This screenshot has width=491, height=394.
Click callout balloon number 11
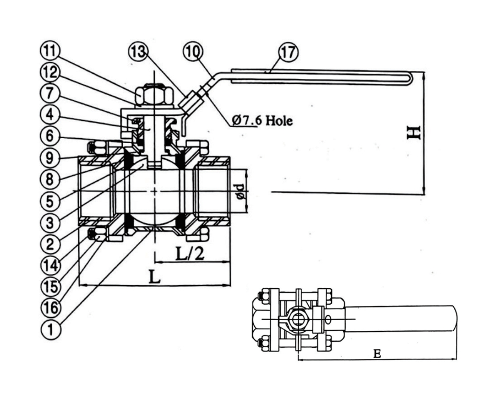50,51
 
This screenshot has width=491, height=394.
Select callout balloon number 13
138,51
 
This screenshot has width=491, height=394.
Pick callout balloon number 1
50,329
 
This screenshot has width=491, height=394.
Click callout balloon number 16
50,308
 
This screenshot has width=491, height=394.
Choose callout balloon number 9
50,157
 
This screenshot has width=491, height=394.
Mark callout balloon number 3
50,222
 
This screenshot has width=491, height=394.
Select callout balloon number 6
50,136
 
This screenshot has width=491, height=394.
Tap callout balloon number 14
50,265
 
